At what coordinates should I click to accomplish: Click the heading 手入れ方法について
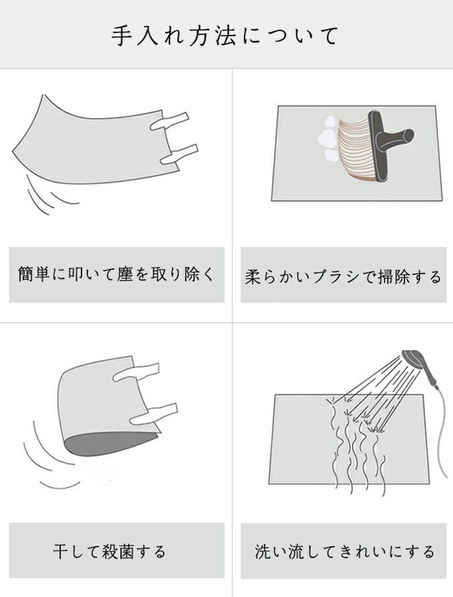pyautogui.click(x=225, y=36)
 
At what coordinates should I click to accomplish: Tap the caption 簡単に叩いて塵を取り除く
pyautogui.click(x=116, y=274)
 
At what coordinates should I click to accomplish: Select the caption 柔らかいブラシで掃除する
pyautogui.click(x=343, y=276)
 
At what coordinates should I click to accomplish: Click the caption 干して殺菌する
pyautogui.click(x=109, y=551)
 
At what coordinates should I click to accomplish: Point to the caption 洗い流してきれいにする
pyautogui.click(x=344, y=551)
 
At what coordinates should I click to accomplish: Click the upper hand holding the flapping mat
pyautogui.click(x=170, y=121)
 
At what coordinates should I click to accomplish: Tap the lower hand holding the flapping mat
pyautogui.click(x=179, y=154)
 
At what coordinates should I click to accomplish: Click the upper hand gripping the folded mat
pyautogui.click(x=135, y=373)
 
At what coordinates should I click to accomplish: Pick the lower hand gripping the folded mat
pyautogui.click(x=153, y=414)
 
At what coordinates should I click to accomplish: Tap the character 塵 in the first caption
pyautogui.click(x=125, y=274)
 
